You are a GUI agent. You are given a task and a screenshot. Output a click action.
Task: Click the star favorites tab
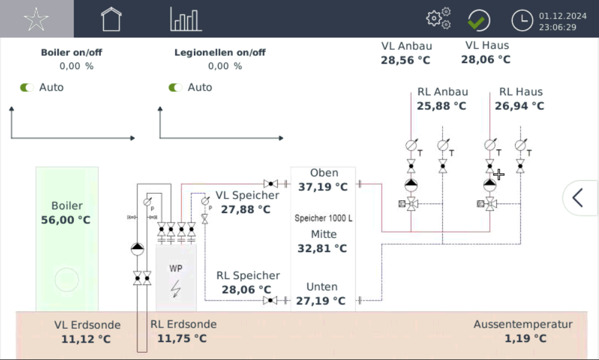36,19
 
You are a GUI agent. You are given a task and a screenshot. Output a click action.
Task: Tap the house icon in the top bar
111,19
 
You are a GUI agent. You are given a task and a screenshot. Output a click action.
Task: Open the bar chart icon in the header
185,19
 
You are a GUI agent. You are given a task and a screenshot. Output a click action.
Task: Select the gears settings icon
439,19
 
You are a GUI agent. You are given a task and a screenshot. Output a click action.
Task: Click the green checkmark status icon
478,21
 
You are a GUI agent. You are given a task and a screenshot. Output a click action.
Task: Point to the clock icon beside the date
522,21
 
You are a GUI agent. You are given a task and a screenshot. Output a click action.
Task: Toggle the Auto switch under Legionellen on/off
175,88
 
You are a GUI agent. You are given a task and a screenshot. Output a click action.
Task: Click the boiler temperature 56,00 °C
66,220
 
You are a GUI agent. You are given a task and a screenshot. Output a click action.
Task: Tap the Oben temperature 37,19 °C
323,187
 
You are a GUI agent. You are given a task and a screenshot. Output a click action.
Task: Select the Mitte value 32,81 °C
323,248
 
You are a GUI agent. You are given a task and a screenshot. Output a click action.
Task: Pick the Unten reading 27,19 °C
321,301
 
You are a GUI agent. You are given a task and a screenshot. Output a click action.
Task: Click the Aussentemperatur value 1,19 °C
525,338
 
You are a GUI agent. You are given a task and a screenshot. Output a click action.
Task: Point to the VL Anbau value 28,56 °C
406,60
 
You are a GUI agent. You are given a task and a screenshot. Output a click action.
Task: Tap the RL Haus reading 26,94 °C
520,106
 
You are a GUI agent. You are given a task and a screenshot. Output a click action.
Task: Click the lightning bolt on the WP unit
176,289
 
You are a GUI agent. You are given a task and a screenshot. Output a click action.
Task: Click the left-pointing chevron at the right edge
578,197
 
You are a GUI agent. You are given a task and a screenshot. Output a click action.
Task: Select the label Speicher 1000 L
324,218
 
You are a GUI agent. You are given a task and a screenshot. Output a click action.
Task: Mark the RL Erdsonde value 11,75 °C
182,338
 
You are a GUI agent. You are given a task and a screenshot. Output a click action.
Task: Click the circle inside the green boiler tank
66,280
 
